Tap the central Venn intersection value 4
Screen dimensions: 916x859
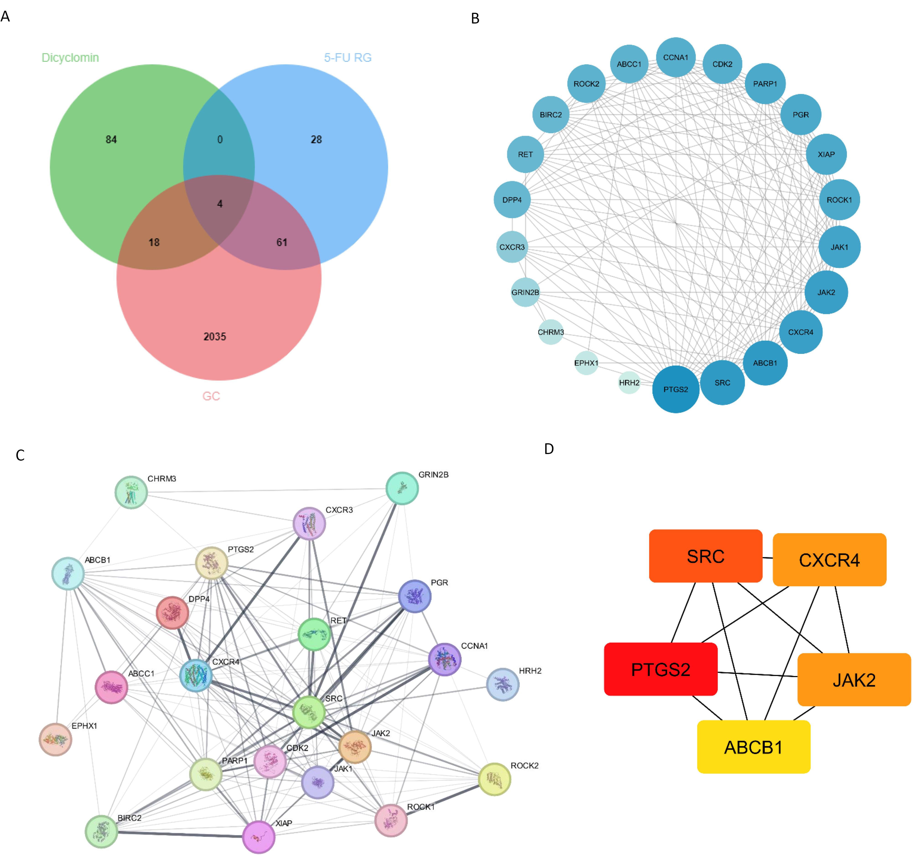[220, 204]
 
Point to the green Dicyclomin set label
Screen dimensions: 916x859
[70, 57]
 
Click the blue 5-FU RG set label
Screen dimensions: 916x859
[348, 57]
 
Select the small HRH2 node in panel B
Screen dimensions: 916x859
[629, 382]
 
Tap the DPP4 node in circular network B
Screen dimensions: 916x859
[512, 200]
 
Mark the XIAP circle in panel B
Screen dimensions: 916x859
[826, 154]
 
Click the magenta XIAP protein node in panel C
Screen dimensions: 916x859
[259, 837]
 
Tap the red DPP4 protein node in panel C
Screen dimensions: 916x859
[172, 612]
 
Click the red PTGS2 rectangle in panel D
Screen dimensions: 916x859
[661, 669]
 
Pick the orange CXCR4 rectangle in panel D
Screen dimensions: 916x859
[829, 560]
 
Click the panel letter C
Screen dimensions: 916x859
[20, 455]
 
